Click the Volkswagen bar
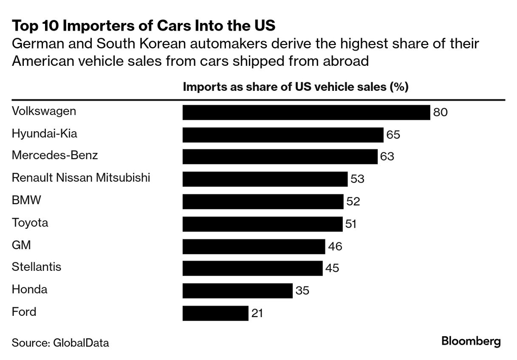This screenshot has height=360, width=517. point(306,112)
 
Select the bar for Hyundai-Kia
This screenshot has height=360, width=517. point(283,135)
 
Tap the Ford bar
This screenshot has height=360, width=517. point(215,313)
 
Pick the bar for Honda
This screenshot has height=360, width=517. point(237,291)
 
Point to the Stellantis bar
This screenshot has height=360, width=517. point(252,268)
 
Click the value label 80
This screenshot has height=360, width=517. point(441,112)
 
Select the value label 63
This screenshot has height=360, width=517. point(387,157)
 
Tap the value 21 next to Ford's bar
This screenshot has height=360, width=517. point(257,314)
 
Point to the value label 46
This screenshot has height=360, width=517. point(335,246)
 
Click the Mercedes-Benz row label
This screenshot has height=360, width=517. point(55,155)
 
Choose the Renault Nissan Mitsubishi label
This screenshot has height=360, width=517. point(81,177)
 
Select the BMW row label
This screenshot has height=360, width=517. point(26,200)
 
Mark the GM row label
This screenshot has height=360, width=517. point(21,245)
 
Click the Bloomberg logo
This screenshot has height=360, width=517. point(471,341)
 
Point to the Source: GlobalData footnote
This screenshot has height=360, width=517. point(60,343)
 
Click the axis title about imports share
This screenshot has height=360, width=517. point(295,87)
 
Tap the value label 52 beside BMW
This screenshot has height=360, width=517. point(353,202)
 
